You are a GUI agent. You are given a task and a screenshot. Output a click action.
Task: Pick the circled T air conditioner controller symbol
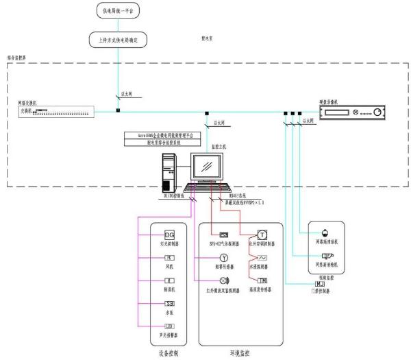tap(262, 235)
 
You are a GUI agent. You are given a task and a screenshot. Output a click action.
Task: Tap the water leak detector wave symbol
tap(262, 258)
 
